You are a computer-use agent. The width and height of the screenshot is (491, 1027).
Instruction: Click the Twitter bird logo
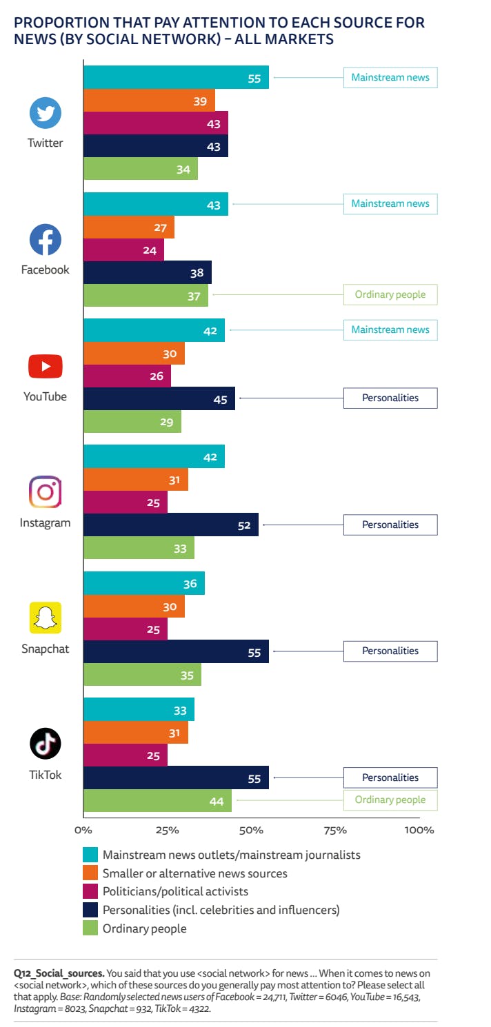tap(46, 113)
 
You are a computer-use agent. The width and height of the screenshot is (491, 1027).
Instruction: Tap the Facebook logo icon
tap(46, 240)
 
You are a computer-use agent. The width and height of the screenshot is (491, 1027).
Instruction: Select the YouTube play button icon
tap(46, 367)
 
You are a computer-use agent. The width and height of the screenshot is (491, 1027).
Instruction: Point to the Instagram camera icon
tap(46, 492)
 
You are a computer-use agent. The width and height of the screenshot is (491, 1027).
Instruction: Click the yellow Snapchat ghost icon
tap(46, 618)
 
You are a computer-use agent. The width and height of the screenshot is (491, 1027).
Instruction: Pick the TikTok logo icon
tap(46, 744)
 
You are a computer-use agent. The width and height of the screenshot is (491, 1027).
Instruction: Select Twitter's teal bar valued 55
tap(176, 78)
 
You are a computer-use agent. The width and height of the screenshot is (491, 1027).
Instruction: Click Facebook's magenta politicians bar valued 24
tap(123, 250)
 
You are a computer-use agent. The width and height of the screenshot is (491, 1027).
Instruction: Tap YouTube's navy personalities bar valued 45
tap(159, 399)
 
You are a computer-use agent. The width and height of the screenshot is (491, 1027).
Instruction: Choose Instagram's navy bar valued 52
tap(171, 525)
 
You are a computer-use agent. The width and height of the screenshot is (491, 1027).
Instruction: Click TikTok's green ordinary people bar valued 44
tap(157, 800)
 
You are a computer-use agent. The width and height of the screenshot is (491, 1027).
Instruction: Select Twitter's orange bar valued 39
tap(149, 101)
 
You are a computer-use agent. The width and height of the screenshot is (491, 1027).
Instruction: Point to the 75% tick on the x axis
tap(336, 830)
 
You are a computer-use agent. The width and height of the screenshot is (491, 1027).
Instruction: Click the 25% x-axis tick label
tap(168, 830)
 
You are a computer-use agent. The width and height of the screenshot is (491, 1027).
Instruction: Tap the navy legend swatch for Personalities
tap(90, 911)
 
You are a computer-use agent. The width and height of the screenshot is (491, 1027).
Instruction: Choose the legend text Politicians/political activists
tap(175, 892)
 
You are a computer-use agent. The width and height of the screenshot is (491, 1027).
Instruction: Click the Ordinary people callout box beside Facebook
tap(390, 295)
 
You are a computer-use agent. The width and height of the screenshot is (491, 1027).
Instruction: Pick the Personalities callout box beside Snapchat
tap(390, 651)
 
